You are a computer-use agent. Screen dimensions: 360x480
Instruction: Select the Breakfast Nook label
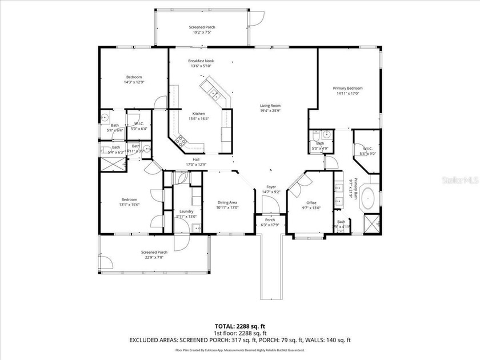200,61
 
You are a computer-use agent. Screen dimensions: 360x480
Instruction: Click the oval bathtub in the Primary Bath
369,197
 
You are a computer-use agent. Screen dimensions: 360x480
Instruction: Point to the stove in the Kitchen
182,140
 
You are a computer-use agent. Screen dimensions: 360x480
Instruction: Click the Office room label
311,203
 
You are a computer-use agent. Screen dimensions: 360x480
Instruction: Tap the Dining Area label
227,203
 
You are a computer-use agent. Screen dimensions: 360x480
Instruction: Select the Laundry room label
186,211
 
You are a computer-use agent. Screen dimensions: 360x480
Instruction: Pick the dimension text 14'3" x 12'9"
134,82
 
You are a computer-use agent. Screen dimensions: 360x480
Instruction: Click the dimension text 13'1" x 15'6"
129,205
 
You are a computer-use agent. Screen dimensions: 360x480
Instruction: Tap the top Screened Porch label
202,27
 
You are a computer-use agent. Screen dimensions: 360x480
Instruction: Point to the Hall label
196,159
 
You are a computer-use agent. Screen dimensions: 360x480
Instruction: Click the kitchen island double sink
213,91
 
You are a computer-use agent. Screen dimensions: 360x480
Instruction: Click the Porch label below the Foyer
270,220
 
